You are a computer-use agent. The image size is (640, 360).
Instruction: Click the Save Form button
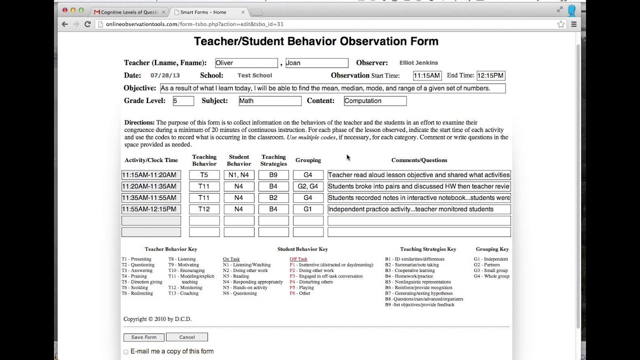coord(144,337)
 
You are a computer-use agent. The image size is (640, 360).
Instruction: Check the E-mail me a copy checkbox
coord(126,352)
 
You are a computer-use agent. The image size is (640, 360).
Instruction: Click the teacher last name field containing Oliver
coord(246,63)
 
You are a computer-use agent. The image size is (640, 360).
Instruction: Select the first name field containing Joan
coord(316,63)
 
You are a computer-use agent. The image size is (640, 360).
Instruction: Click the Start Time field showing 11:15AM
coord(427,76)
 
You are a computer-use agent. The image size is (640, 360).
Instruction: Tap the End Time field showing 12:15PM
coord(490,76)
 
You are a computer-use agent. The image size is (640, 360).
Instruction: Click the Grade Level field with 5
coord(183,101)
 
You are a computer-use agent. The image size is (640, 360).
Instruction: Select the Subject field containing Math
coord(269,101)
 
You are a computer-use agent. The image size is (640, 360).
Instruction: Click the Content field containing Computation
coord(375,101)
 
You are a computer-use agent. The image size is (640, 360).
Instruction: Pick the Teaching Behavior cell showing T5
coord(204,175)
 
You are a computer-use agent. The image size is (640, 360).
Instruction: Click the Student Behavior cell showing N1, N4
coord(239,175)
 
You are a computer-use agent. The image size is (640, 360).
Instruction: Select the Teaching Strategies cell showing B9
coord(273,175)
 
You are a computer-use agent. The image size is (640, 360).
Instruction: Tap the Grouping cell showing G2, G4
coord(308,186)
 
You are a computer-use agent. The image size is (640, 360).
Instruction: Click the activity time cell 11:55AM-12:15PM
coord(151,209)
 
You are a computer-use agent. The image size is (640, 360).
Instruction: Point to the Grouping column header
coord(308,160)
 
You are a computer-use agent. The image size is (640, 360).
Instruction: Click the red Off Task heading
coord(298,259)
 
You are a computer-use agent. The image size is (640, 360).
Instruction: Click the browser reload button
coord(87,24)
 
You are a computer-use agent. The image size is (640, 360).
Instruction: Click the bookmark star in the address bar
coord(561,24)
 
